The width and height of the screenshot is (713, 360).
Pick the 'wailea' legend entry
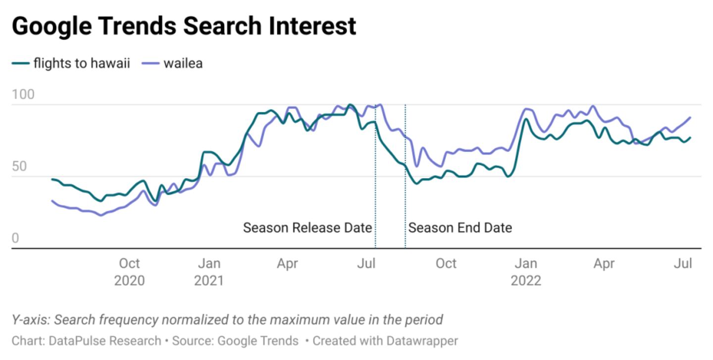183,63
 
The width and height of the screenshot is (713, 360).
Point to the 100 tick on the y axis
23,95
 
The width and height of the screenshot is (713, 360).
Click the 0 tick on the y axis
15,239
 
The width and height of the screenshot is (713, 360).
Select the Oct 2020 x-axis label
129,272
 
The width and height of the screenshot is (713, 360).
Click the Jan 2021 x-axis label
208,272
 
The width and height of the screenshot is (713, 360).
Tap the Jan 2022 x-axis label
525,272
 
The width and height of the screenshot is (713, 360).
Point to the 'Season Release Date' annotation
307,228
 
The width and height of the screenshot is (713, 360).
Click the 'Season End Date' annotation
460,228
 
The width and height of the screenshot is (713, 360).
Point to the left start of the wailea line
52,201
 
